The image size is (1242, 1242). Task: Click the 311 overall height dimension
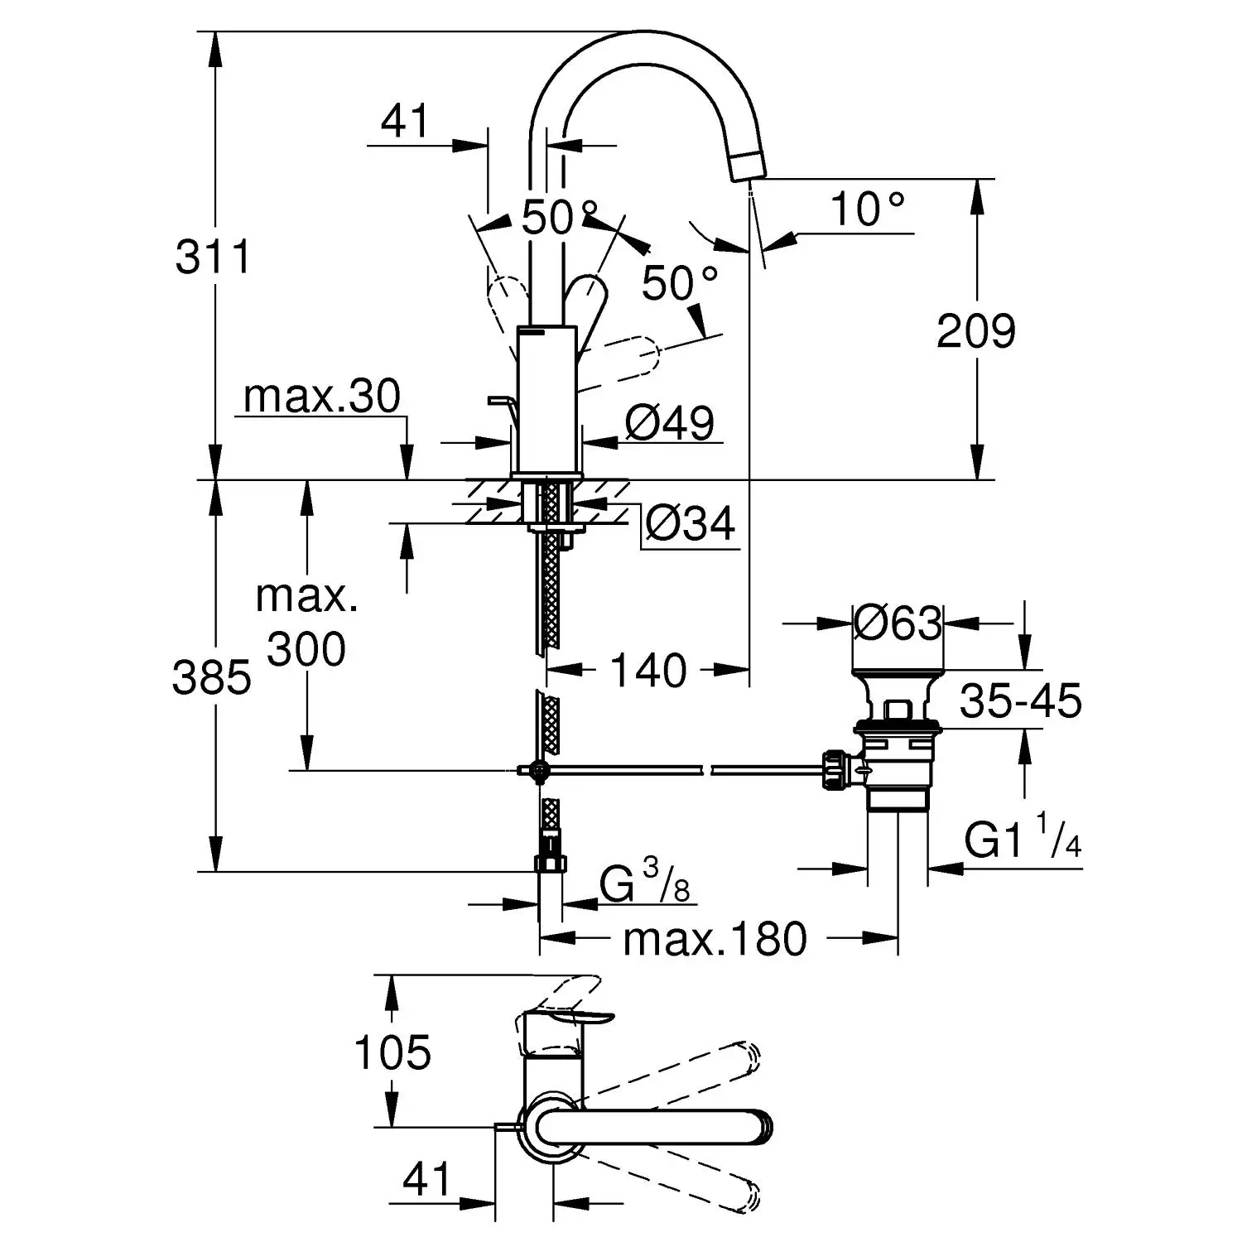(x=213, y=257)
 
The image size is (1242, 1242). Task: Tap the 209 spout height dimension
(x=975, y=331)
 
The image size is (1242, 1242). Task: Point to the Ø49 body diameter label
(x=669, y=423)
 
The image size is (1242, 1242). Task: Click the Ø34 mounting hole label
(x=690, y=523)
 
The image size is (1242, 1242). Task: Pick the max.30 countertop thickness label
(x=322, y=397)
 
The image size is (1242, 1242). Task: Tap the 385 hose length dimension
(x=211, y=678)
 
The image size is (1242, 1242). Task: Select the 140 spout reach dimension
(x=648, y=670)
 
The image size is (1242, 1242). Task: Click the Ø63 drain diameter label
(x=898, y=623)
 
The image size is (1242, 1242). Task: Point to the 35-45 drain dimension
(x=1020, y=701)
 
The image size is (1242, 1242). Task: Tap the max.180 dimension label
(x=715, y=939)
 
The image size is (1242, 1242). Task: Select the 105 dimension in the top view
(x=392, y=1052)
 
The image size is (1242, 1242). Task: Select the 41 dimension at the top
(x=405, y=122)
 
